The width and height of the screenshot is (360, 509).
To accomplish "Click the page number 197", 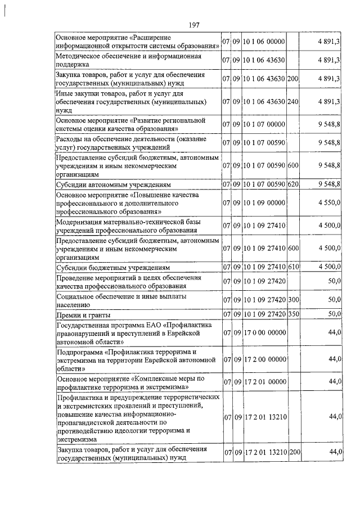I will point(195,25).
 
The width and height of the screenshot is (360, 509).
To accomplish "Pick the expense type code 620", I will point(292,184).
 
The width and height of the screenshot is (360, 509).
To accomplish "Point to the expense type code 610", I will point(292,267).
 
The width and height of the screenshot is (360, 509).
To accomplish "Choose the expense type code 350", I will point(292,314).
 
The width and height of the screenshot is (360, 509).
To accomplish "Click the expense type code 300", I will point(292,299).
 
